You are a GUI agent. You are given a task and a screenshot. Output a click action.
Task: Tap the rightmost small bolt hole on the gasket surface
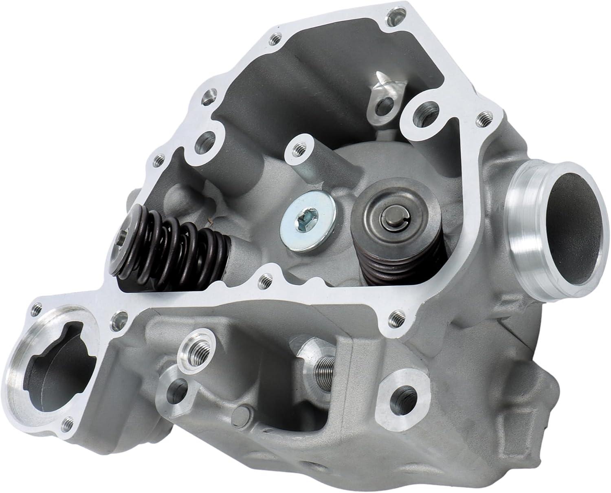(485, 117)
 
